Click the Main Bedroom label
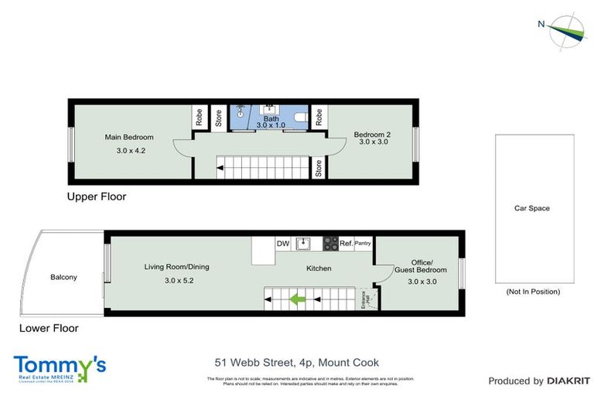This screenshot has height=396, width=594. click(129, 137)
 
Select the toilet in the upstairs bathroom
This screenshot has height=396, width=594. click(318, 118)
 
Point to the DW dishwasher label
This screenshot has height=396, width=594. click(283, 244)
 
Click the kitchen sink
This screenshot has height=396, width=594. click(305, 244)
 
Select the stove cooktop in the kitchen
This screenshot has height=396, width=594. click(329, 244)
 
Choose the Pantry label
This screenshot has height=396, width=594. click(363, 244)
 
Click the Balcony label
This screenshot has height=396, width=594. click(63, 277)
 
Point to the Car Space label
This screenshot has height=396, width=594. click(532, 208)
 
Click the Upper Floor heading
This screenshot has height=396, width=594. click(96, 196)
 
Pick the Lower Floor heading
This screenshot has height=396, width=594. click(49, 328)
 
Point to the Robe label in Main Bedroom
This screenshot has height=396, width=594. click(199, 118)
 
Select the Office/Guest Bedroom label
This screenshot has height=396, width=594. click(422, 271)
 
